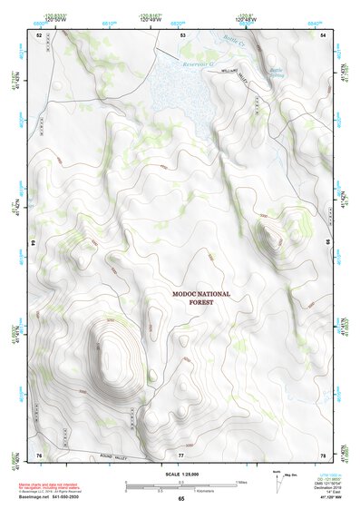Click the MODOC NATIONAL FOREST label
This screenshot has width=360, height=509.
201,300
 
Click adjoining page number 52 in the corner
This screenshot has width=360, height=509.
39,34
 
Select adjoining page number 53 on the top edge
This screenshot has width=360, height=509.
183,34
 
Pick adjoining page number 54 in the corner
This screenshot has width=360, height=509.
324,34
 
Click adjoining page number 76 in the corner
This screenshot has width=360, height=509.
39,455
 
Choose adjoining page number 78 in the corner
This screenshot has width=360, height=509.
324,455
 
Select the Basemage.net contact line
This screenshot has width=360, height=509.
49,498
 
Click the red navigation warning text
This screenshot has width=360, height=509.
50,486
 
